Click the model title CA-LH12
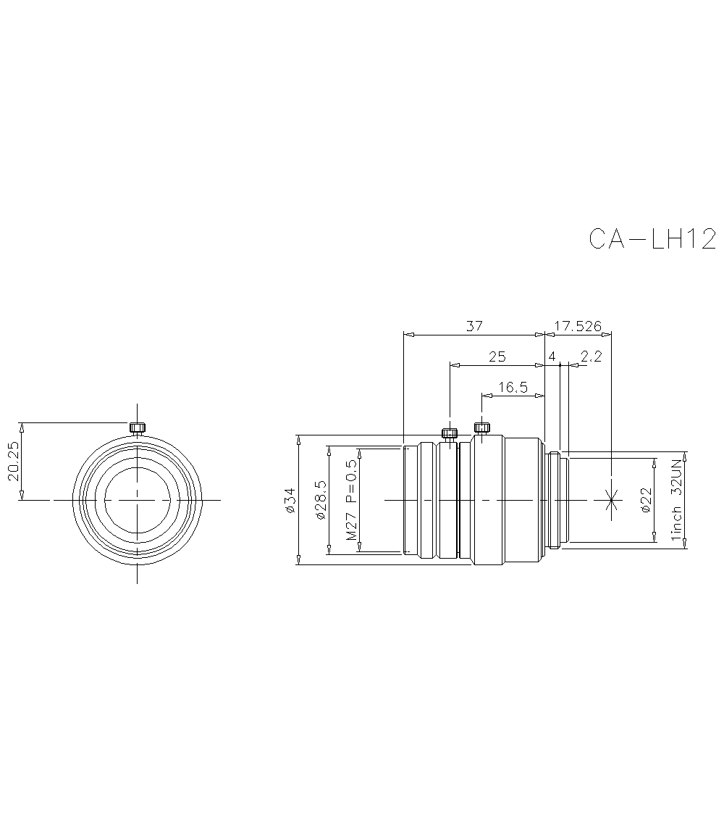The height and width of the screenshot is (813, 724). click(652, 238)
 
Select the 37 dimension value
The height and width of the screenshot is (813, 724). click(474, 326)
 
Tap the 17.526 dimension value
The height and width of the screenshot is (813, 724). click(578, 326)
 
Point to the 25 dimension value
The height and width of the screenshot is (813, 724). click(497, 357)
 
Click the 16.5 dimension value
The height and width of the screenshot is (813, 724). click(513, 387)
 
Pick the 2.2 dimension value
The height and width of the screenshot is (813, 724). click(591, 357)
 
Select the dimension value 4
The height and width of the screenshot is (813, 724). click(552, 357)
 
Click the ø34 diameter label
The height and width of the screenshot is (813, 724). click(290, 500)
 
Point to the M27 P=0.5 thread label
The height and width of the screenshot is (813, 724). click(352, 500)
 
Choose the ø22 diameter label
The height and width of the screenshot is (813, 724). click(647, 500)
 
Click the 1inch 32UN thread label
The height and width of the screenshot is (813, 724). click(677, 500)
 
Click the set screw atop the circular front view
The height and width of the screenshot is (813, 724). click(137, 428)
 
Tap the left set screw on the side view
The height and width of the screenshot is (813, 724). click(450, 433)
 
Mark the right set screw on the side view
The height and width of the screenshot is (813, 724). click(481, 427)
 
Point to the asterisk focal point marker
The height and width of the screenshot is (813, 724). click(613, 499)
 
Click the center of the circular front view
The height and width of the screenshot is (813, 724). click(137, 499)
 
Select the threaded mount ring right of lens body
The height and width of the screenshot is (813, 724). click(554, 499)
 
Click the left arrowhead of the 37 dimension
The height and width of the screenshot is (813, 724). click(407, 335)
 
